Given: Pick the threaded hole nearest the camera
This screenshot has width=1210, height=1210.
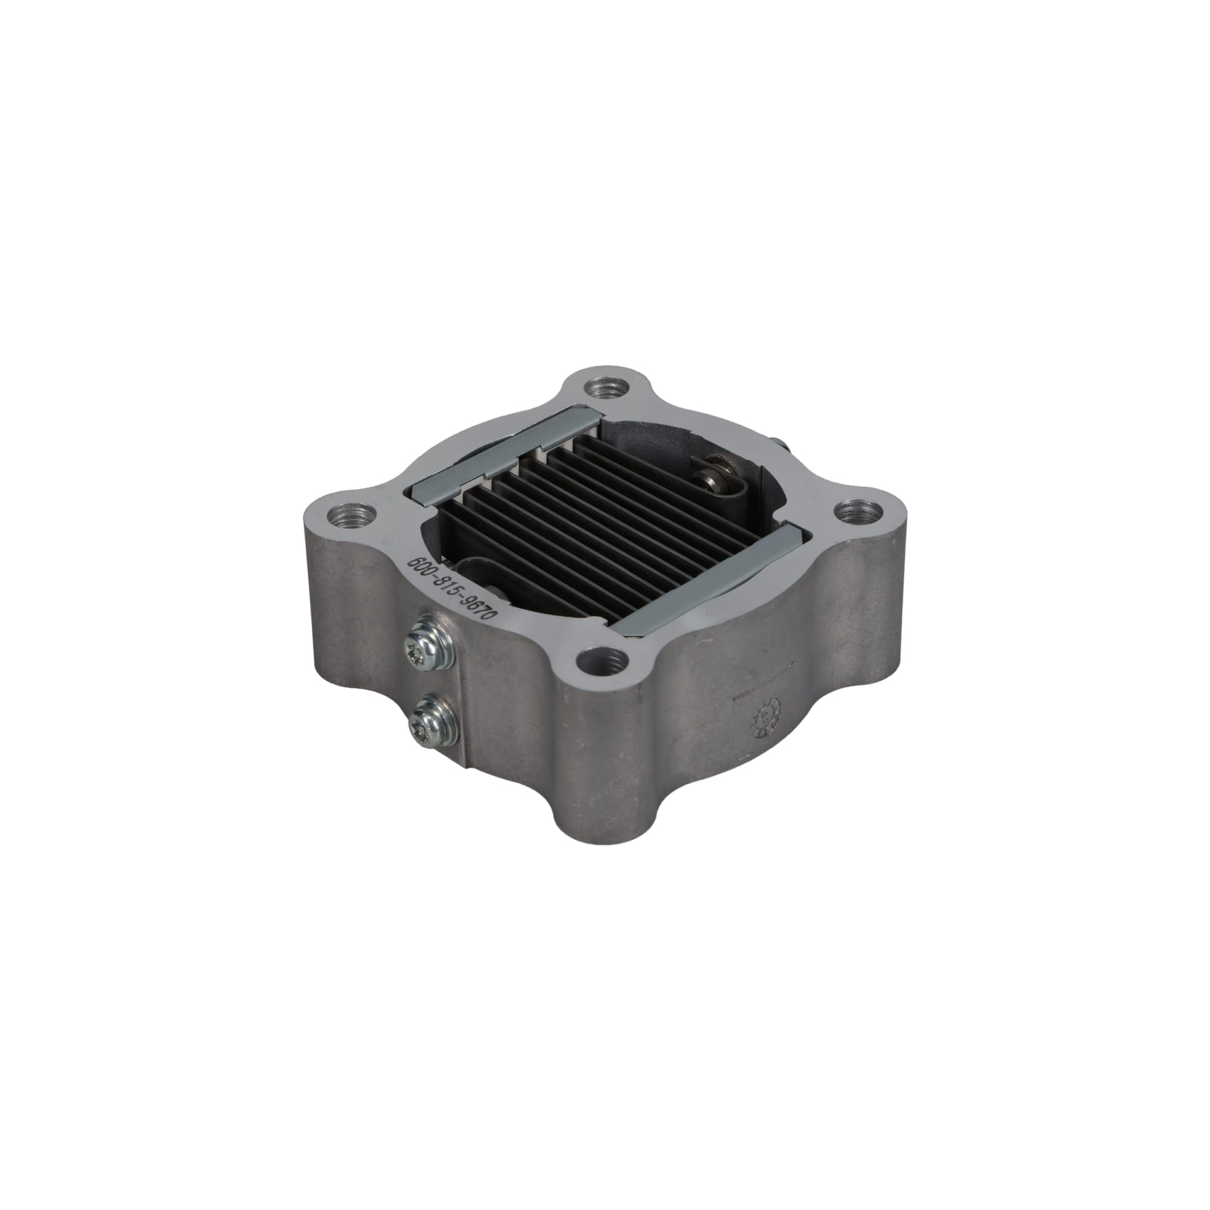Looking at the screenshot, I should [x=602, y=659].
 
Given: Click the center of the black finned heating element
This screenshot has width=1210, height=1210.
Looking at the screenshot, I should [x=601, y=520].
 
